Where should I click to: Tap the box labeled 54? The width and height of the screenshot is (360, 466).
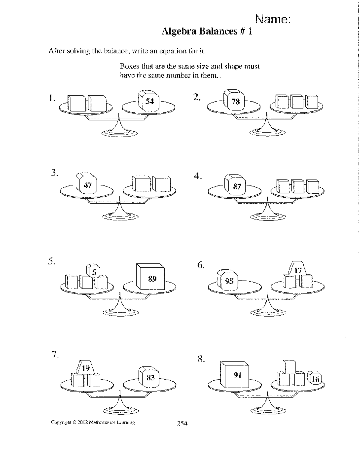pos(149,101)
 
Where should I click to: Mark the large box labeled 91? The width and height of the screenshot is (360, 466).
pos(236,375)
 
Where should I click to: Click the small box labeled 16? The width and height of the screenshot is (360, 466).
pos(315,379)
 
